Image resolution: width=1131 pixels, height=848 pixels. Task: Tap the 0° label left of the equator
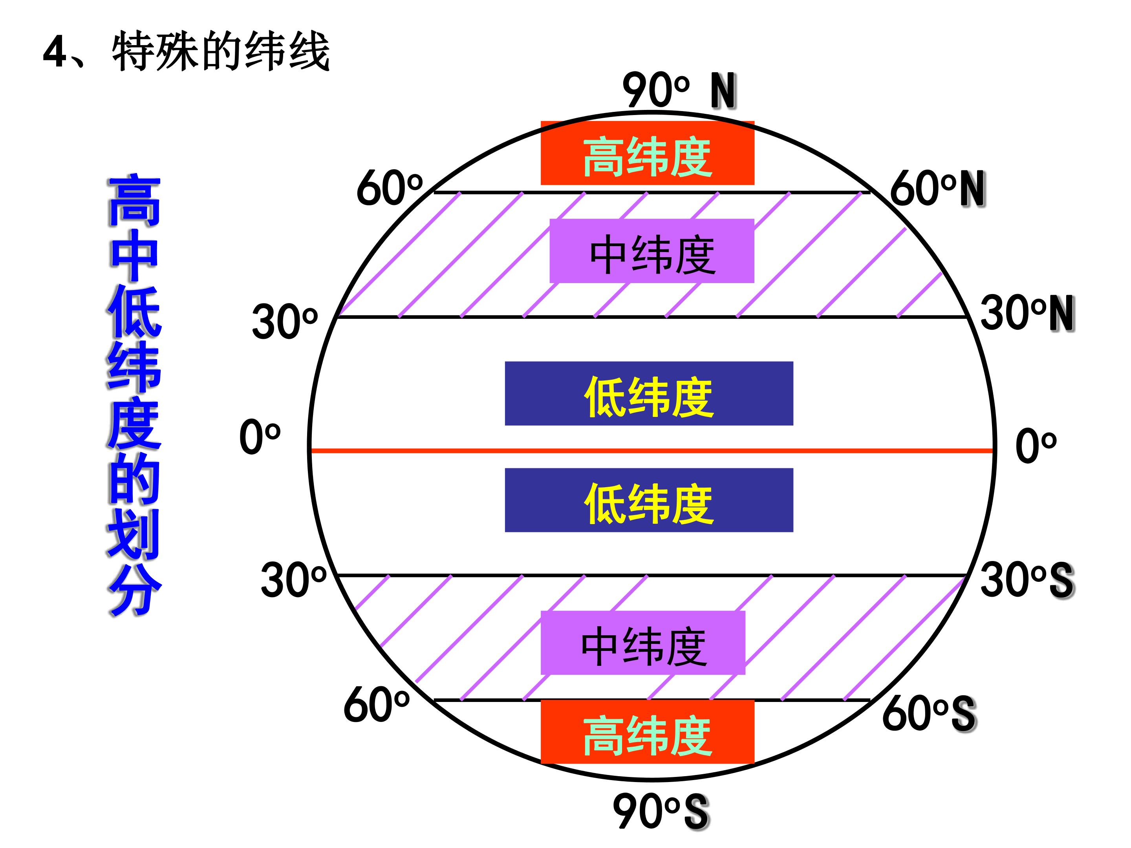260,437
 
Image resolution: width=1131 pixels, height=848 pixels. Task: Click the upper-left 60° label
390,188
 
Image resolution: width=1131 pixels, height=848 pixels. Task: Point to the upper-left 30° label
285,322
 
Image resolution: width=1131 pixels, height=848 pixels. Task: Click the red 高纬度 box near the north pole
647,153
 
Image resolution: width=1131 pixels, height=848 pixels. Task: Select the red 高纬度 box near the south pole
647,732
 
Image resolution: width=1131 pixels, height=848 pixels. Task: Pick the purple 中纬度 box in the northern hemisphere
652,251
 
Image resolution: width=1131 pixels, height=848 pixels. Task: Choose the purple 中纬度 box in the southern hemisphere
643,643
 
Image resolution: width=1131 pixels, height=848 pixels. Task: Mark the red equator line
652,451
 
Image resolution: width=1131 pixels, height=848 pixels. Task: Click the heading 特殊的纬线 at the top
221,51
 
